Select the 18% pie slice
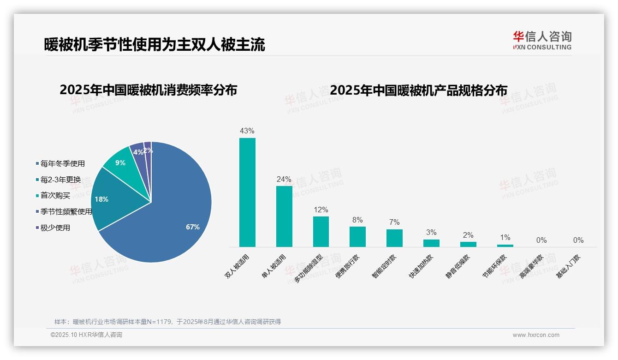pyautogui.click(x=111, y=198)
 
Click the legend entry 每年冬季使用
pyautogui.click(x=62, y=164)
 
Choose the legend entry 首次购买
pyautogui.click(x=55, y=196)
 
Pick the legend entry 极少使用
pyautogui.click(x=55, y=228)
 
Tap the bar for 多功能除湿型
pyautogui.click(x=321, y=231)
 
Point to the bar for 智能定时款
pyautogui.click(x=394, y=238)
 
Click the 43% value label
pyautogui.click(x=247, y=131)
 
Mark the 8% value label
pyautogui.click(x=357, y=220)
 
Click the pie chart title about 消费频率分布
pyautogui.click(x=148, y=90)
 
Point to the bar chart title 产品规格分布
pyautogui.click(x=418, y=90)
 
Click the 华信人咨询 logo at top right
pyautogui.click(x=542, y=40)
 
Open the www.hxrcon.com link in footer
pyautogui.click(x=536, y=335)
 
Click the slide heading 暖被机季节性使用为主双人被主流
pyautogui.click(x=154, y=45)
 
